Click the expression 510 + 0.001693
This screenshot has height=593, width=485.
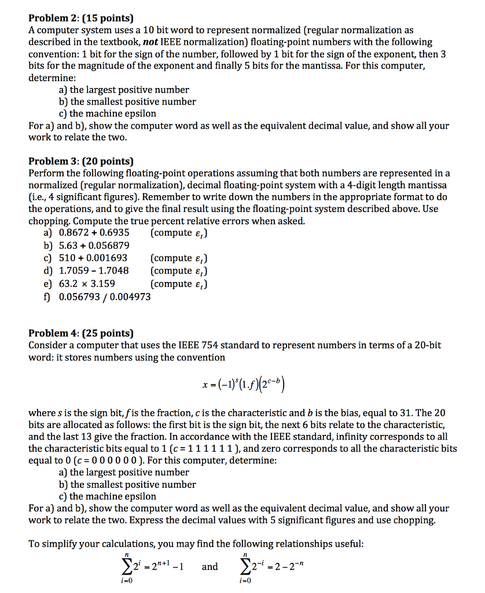[93, 258]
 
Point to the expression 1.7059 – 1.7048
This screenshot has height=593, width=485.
[94, 271]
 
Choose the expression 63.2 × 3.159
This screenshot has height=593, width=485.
[87, 284]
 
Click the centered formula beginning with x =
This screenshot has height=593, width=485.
[242, 385]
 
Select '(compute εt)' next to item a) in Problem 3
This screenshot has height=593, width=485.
[179, 233]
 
